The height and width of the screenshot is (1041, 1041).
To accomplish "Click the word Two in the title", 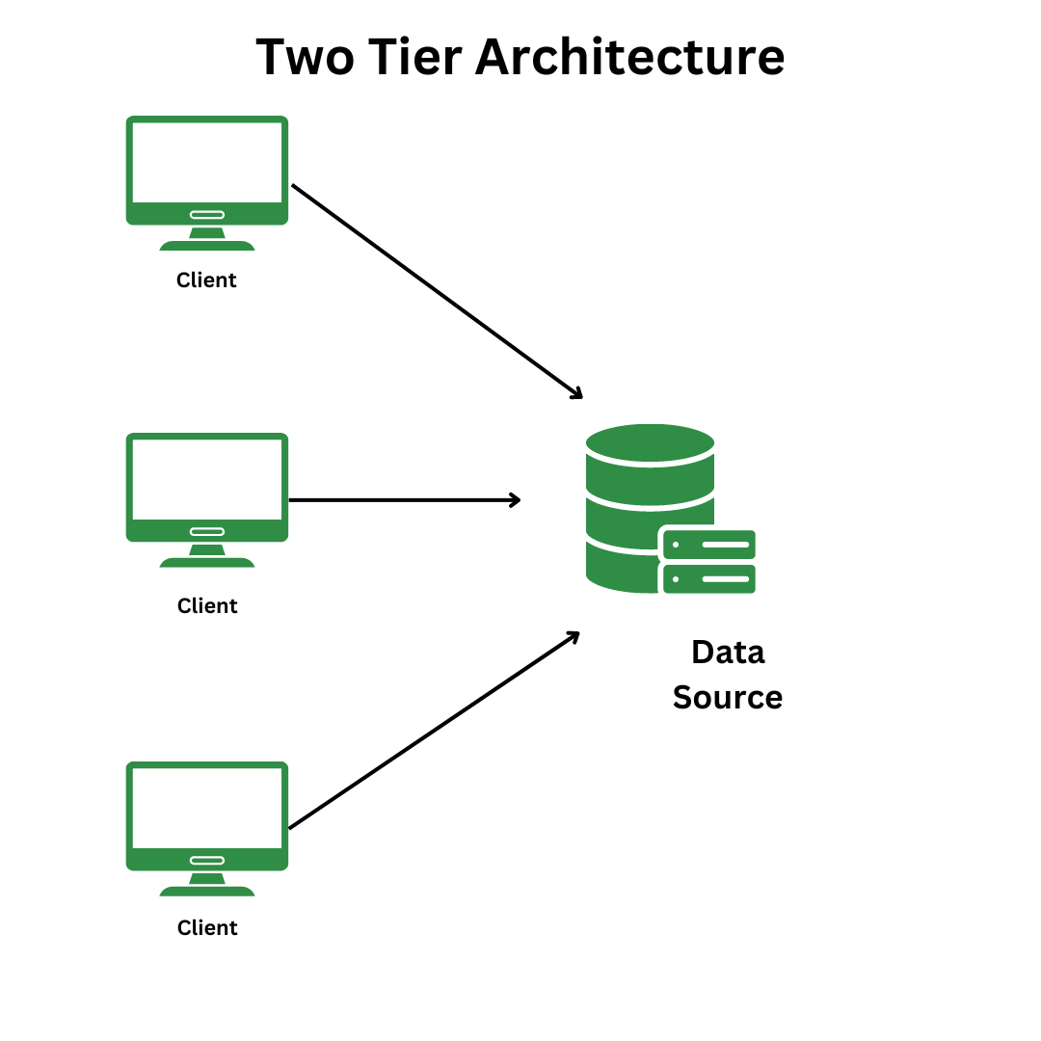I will (x=307, y=58).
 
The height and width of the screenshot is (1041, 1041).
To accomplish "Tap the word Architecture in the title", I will (x=629, y=58).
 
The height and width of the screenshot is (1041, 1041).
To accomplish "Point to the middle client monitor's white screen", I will (x=207, y=479).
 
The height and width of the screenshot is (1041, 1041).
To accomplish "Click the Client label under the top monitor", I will (x=206, y=280).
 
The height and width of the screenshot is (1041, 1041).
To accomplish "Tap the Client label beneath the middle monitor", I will (x=207, y=606).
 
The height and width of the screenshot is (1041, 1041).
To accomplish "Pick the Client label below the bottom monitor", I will (x=207, y=928).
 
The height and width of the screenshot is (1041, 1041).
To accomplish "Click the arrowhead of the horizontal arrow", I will (x=516, y=499).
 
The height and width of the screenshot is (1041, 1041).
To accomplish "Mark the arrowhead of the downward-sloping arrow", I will (x=576, y=392).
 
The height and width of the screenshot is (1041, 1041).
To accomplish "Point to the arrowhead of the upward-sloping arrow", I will (x=574, y=636).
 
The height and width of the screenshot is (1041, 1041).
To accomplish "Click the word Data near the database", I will (x=728, y=653).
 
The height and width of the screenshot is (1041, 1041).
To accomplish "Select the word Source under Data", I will (x=728, y=697).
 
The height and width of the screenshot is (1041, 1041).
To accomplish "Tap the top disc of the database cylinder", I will (x=650, y=443).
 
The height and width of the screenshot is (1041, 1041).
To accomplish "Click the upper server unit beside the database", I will (x=708, y=545).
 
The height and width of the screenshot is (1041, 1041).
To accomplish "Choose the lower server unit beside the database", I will (x=708, y=579).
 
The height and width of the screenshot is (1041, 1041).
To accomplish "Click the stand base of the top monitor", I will (x=207, y=246).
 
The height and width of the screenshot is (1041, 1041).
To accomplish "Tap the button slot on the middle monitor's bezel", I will (x=207, y=531).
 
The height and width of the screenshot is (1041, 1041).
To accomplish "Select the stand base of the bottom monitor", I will (x=207, y=892).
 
